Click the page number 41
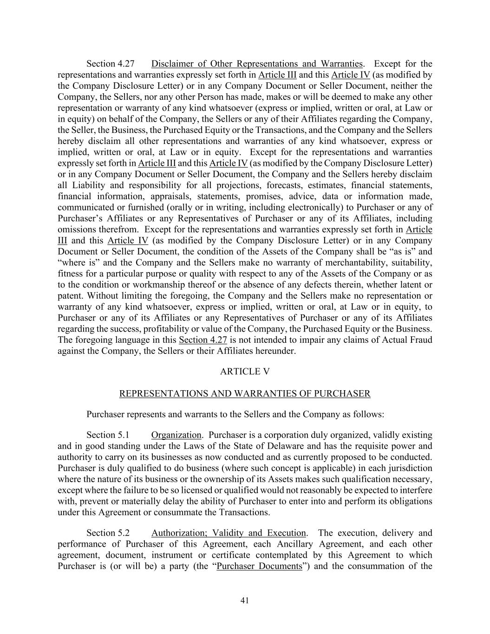(x=245, y=601)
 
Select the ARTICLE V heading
(x=245, y=372)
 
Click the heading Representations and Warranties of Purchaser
(x=245, y=394)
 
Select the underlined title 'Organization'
(x=176, y=435)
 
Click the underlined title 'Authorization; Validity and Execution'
(x=229, y=533)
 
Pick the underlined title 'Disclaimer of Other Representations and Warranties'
(x=257, y=64)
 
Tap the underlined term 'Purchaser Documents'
(x=259, y=566)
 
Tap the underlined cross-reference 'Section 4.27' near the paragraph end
(x=203, y=340)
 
